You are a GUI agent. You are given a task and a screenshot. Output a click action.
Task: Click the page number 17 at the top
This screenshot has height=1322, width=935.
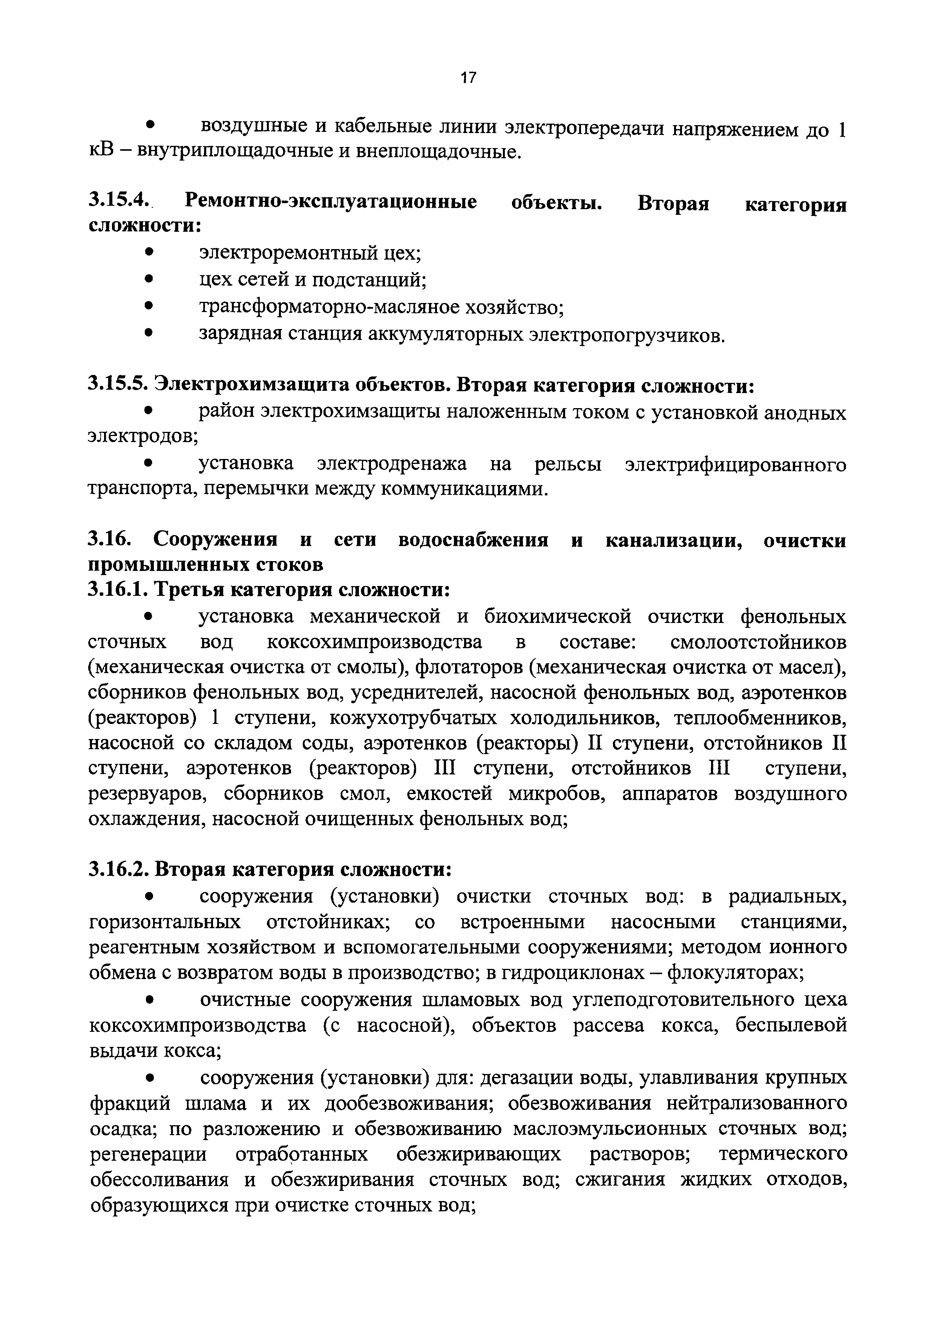pyautogui.click(x=468, y=77)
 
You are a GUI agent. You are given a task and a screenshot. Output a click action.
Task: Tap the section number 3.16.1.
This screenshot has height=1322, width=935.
pyautogui.click(x=118, y=590)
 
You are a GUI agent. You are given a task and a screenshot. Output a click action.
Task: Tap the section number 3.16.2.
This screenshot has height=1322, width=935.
pyautogui.click(x=118, y=869)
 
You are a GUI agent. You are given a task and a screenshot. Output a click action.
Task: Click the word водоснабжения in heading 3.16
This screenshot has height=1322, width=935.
pyautogui.click(x=473, y=540)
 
